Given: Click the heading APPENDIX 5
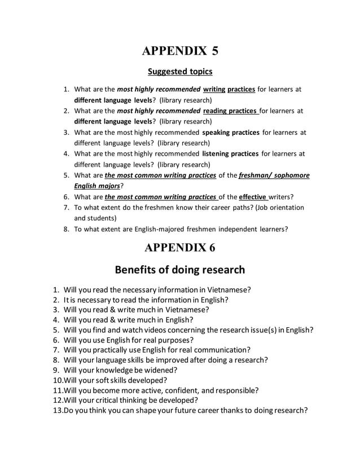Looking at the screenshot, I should click(180, 50).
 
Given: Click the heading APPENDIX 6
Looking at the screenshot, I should click(180, 247).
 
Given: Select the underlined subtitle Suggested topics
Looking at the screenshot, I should click(180, 72).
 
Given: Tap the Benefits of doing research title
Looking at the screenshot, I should click(180, 269).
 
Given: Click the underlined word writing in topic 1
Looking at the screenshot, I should click(214, 89).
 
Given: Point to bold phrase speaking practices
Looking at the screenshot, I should click(231, 133).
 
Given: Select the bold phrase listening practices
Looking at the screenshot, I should click(230, 153).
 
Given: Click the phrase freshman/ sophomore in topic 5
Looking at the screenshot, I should click(274, 175).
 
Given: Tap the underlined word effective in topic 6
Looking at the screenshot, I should click(253, 197).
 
